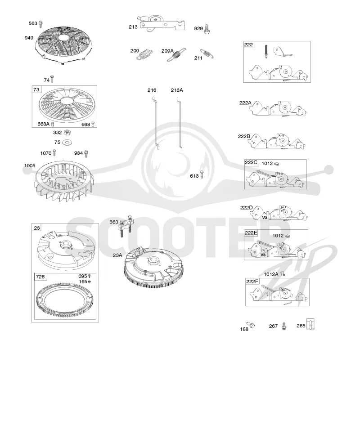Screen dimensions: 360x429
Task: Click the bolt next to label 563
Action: click(40, 24)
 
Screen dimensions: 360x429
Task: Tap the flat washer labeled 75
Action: click(67, 143)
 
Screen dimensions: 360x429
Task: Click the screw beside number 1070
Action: click(54, 152)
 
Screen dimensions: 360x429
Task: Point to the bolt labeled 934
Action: click(86, 153)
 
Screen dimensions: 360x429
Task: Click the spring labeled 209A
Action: click(176, 55)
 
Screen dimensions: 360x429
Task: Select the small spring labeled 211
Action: click(207, 54)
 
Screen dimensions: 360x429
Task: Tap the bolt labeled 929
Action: click(207, 29)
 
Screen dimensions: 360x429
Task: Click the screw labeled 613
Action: click(202, 174)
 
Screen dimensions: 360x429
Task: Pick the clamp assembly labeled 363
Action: click(126, 226)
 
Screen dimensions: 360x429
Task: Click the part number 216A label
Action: click(177, 90)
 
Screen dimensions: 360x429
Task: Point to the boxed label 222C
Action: click(251, 162)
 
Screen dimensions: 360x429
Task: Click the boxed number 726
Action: click(40, 277)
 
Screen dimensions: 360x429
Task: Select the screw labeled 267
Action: click(284, 326)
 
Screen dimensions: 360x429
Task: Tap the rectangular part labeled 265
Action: click(310, 324)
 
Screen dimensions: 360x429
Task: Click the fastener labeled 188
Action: click(251, 325)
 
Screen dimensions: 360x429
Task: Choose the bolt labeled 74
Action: click(52, 79)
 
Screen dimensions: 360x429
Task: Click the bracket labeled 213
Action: click(162, 22)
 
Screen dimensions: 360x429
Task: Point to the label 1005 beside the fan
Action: click(30, 165)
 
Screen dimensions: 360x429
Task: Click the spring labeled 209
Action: click(145, 54)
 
